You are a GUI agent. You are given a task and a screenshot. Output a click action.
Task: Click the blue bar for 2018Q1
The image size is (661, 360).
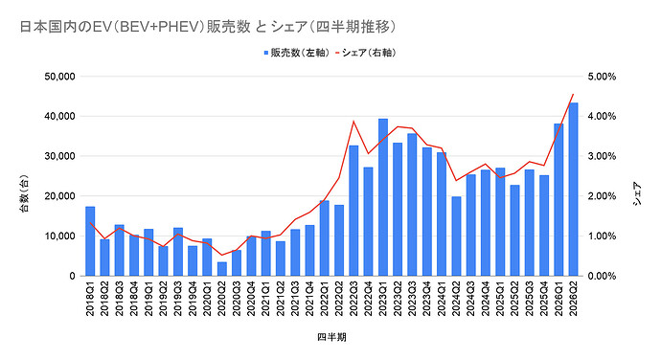[x=90, y=241]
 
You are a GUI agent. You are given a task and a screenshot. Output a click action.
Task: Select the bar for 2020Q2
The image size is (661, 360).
[x=221, y=269]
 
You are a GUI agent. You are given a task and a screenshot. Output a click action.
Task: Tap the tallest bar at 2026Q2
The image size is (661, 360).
[x=573, y=190]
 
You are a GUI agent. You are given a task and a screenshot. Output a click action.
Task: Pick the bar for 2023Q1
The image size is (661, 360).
[x=383, y=197]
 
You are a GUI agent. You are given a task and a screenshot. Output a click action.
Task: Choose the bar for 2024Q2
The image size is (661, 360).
[x=456, y=236]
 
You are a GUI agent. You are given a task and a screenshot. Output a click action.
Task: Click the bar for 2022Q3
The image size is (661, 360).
[x=353, y=211]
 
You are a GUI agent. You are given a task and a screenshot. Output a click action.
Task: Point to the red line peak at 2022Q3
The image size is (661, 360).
[x=353, y=122]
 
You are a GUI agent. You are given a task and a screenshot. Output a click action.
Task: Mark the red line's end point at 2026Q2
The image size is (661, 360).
[x=573, y=94]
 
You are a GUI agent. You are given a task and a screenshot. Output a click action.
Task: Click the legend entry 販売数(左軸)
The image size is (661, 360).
[x=296, y=53]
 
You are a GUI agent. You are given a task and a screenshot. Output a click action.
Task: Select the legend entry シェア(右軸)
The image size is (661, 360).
[x=366, y=53]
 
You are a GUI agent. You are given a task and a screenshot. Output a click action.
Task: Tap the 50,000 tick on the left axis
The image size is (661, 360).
[x=59, y=77]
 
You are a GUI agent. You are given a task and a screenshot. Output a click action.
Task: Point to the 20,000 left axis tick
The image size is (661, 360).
[x=59, y=196]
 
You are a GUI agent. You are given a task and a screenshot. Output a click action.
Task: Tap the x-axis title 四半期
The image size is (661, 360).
[x=331, y=337]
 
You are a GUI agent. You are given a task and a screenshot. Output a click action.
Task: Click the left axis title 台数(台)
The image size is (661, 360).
[x=25, y=193]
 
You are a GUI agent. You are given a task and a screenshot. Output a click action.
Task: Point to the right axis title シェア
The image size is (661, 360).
[x=637, y=193]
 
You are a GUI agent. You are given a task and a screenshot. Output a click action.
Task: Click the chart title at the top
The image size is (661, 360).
[x=208, y=27]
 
